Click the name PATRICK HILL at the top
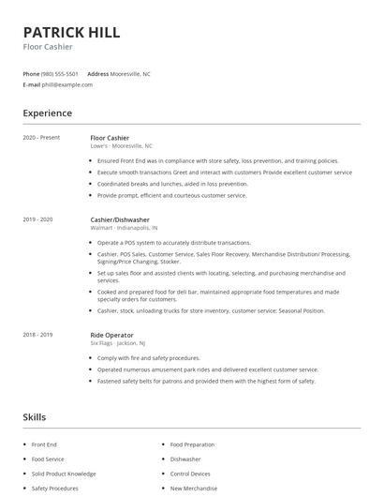(71, 32)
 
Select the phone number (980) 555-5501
(61, 73)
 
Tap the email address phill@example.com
(67, 84)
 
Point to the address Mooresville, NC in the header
(132, 73)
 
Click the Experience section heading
(47, 113)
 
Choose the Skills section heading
(34, 416)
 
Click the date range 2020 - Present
(41, 138)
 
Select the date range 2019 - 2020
(37, 219)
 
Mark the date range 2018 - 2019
(37, 335)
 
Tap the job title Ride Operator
(111, 335)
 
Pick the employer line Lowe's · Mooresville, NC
(121, 146)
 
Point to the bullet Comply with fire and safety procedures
(148, 357)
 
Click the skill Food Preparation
(191, 444)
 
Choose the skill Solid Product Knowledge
(63, 474)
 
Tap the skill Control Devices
(190, 474)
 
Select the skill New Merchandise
(193, 489)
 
